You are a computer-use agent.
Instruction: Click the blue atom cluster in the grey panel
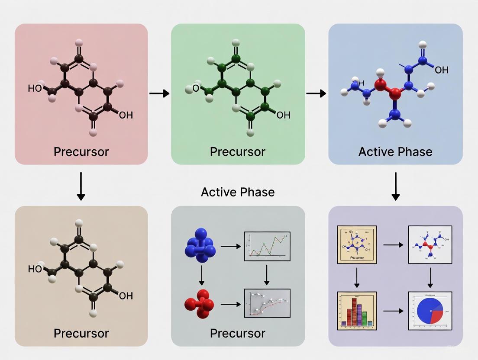point(200,245)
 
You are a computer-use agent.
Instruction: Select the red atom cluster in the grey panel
point(200,304)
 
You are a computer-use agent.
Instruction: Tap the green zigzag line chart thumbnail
point(267,246)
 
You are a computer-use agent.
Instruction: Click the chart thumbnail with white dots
point(267,304)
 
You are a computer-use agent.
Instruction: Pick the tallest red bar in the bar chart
point(354,310)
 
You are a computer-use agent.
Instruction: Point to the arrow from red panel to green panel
point(159,93)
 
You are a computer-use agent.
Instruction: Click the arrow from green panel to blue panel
point(316,93)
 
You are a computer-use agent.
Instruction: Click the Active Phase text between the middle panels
point(238,192)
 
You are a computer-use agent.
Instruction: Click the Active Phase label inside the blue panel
point(395,151)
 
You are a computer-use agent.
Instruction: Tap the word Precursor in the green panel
point(238,151)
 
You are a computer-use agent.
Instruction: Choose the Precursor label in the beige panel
point(81,333)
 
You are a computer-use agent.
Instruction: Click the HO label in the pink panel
point(35,89)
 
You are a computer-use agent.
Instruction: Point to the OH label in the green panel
point(283,115)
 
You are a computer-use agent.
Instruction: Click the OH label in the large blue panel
point(441,70)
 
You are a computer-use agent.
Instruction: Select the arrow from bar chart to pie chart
point(393,311)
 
